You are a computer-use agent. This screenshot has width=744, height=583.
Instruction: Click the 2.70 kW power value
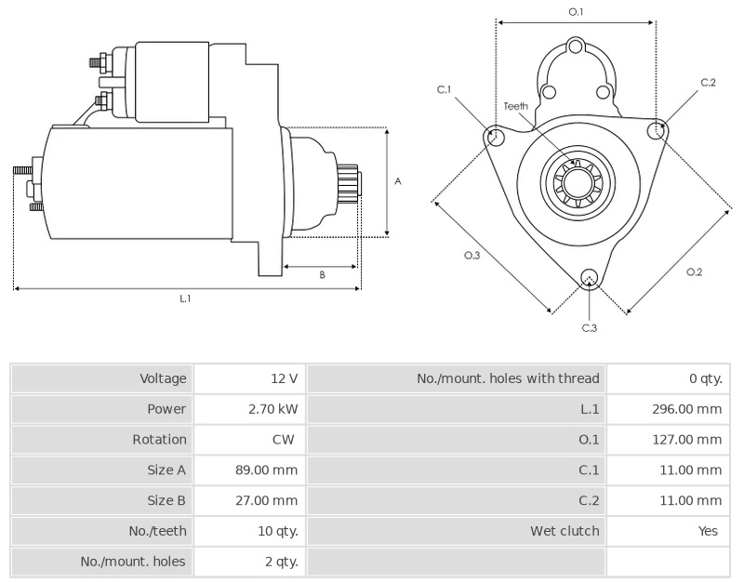(272, 409)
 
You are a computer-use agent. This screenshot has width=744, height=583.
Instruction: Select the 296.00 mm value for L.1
(686, 409)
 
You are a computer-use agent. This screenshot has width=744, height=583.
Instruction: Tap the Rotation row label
(159, 439)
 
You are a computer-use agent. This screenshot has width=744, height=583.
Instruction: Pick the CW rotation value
(284, 439)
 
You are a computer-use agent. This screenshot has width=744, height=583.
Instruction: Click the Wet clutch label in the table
(565, 531)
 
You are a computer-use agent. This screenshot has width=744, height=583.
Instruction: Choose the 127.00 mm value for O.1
(687, 439)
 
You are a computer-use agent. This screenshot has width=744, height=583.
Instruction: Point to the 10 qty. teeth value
(278, 531)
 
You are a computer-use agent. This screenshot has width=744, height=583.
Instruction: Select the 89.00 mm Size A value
(267, 470)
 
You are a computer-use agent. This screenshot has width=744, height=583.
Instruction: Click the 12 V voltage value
(285, 378)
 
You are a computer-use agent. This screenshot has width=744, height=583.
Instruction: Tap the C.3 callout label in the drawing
(590, 328)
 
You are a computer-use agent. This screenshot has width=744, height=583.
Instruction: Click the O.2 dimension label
(694, 272)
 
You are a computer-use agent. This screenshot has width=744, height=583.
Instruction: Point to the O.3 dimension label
(472, 255)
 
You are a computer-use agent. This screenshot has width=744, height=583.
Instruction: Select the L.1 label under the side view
(185, 298)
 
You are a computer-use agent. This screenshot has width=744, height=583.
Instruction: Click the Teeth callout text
(516, 106)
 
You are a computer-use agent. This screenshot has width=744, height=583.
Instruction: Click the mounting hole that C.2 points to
(657, 129)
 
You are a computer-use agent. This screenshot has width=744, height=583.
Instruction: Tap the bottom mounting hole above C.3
(590, 277)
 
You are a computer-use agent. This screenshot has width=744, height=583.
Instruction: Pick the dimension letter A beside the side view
(398, 181)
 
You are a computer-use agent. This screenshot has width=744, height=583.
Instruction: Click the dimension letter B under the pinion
(322, 274)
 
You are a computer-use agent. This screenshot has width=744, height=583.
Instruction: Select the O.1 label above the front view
(576, 12)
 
